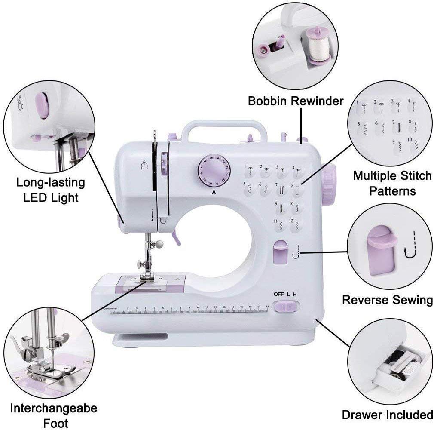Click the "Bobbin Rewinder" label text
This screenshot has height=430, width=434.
[x=296, y=101]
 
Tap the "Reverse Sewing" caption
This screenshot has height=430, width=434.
[x=387, y=300]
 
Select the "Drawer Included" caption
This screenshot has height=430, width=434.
[x=387, y=415]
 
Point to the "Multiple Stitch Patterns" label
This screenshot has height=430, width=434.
[x=392, y=183]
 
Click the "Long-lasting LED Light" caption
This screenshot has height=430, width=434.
[x=51, y=190]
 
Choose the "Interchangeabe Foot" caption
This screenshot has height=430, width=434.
[x=54, y=415]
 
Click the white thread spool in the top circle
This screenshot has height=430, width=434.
[x=318, y=47]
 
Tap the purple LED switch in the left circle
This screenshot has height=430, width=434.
[x=43, y=105]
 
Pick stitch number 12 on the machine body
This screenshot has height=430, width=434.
[x=297, y=224]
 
